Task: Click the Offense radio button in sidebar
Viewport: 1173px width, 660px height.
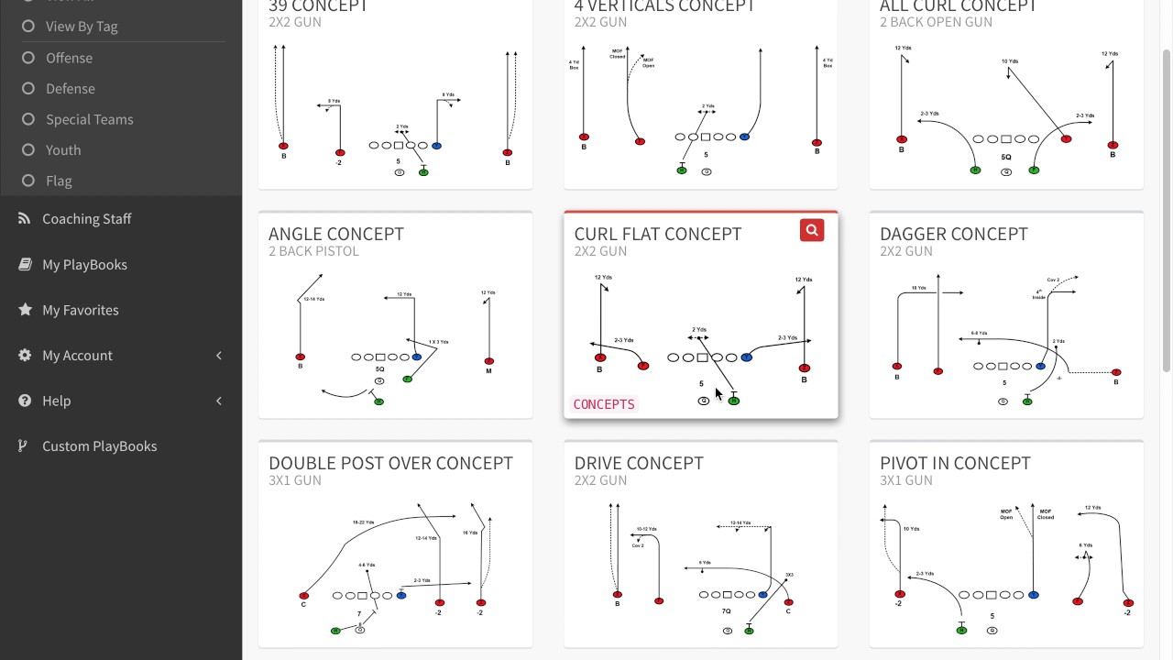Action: [x=28, y=58]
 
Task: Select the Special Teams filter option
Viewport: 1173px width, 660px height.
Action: [x=89, y=119]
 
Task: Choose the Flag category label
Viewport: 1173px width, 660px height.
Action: [x=59, y=181]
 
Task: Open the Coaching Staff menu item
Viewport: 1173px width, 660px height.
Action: [x=86, y=218]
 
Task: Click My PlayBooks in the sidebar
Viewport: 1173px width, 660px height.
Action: [x=84, y=264]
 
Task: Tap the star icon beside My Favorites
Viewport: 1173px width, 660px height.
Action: [x=25, y=310]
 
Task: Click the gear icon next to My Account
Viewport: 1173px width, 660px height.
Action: [x=25, y=355]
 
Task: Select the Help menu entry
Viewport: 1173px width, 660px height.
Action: [x=56, y=401]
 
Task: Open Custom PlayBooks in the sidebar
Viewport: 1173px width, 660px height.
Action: [x=99, y=445]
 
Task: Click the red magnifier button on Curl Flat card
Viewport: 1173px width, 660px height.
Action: [x=811, y=230]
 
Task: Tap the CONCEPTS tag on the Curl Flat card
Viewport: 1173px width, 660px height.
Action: [x=604, y=404]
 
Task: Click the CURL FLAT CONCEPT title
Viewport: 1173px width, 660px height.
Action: [x=657, y=234]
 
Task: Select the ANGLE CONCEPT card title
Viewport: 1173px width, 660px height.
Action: [x=335, y=234]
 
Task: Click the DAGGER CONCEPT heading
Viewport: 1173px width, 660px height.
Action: [x=953, y=234]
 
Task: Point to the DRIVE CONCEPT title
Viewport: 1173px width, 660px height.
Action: [x=638, y=463]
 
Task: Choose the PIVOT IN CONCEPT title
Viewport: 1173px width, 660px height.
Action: [x=955, y=463]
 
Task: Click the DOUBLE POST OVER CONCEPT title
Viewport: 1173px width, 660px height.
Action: [x=390, y=463]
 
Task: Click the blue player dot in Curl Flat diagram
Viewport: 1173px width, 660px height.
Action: [x=746, y=357]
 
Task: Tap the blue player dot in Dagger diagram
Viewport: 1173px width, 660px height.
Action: [x=1040, y=366]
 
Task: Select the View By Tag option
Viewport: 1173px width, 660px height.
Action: [x=82, y=27]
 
